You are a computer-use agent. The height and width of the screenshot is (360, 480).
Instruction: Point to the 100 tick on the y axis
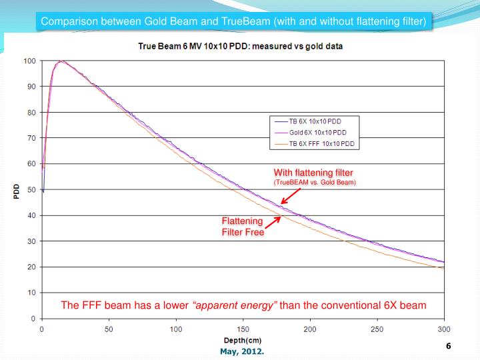click(29, 61)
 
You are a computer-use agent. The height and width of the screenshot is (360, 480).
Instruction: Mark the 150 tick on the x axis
click(243, 329)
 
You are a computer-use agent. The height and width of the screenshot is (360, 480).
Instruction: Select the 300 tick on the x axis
click(444, 329)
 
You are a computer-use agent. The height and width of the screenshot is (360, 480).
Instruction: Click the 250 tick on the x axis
click(377, 329)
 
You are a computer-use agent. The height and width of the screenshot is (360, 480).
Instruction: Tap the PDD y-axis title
click(16, 191)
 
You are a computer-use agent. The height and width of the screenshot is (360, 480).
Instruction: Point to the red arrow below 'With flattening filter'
click(291, 196)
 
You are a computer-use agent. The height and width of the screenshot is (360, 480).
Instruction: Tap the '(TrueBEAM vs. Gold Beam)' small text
click(315, 183)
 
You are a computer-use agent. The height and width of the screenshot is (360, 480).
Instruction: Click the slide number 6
click(449, 347)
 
